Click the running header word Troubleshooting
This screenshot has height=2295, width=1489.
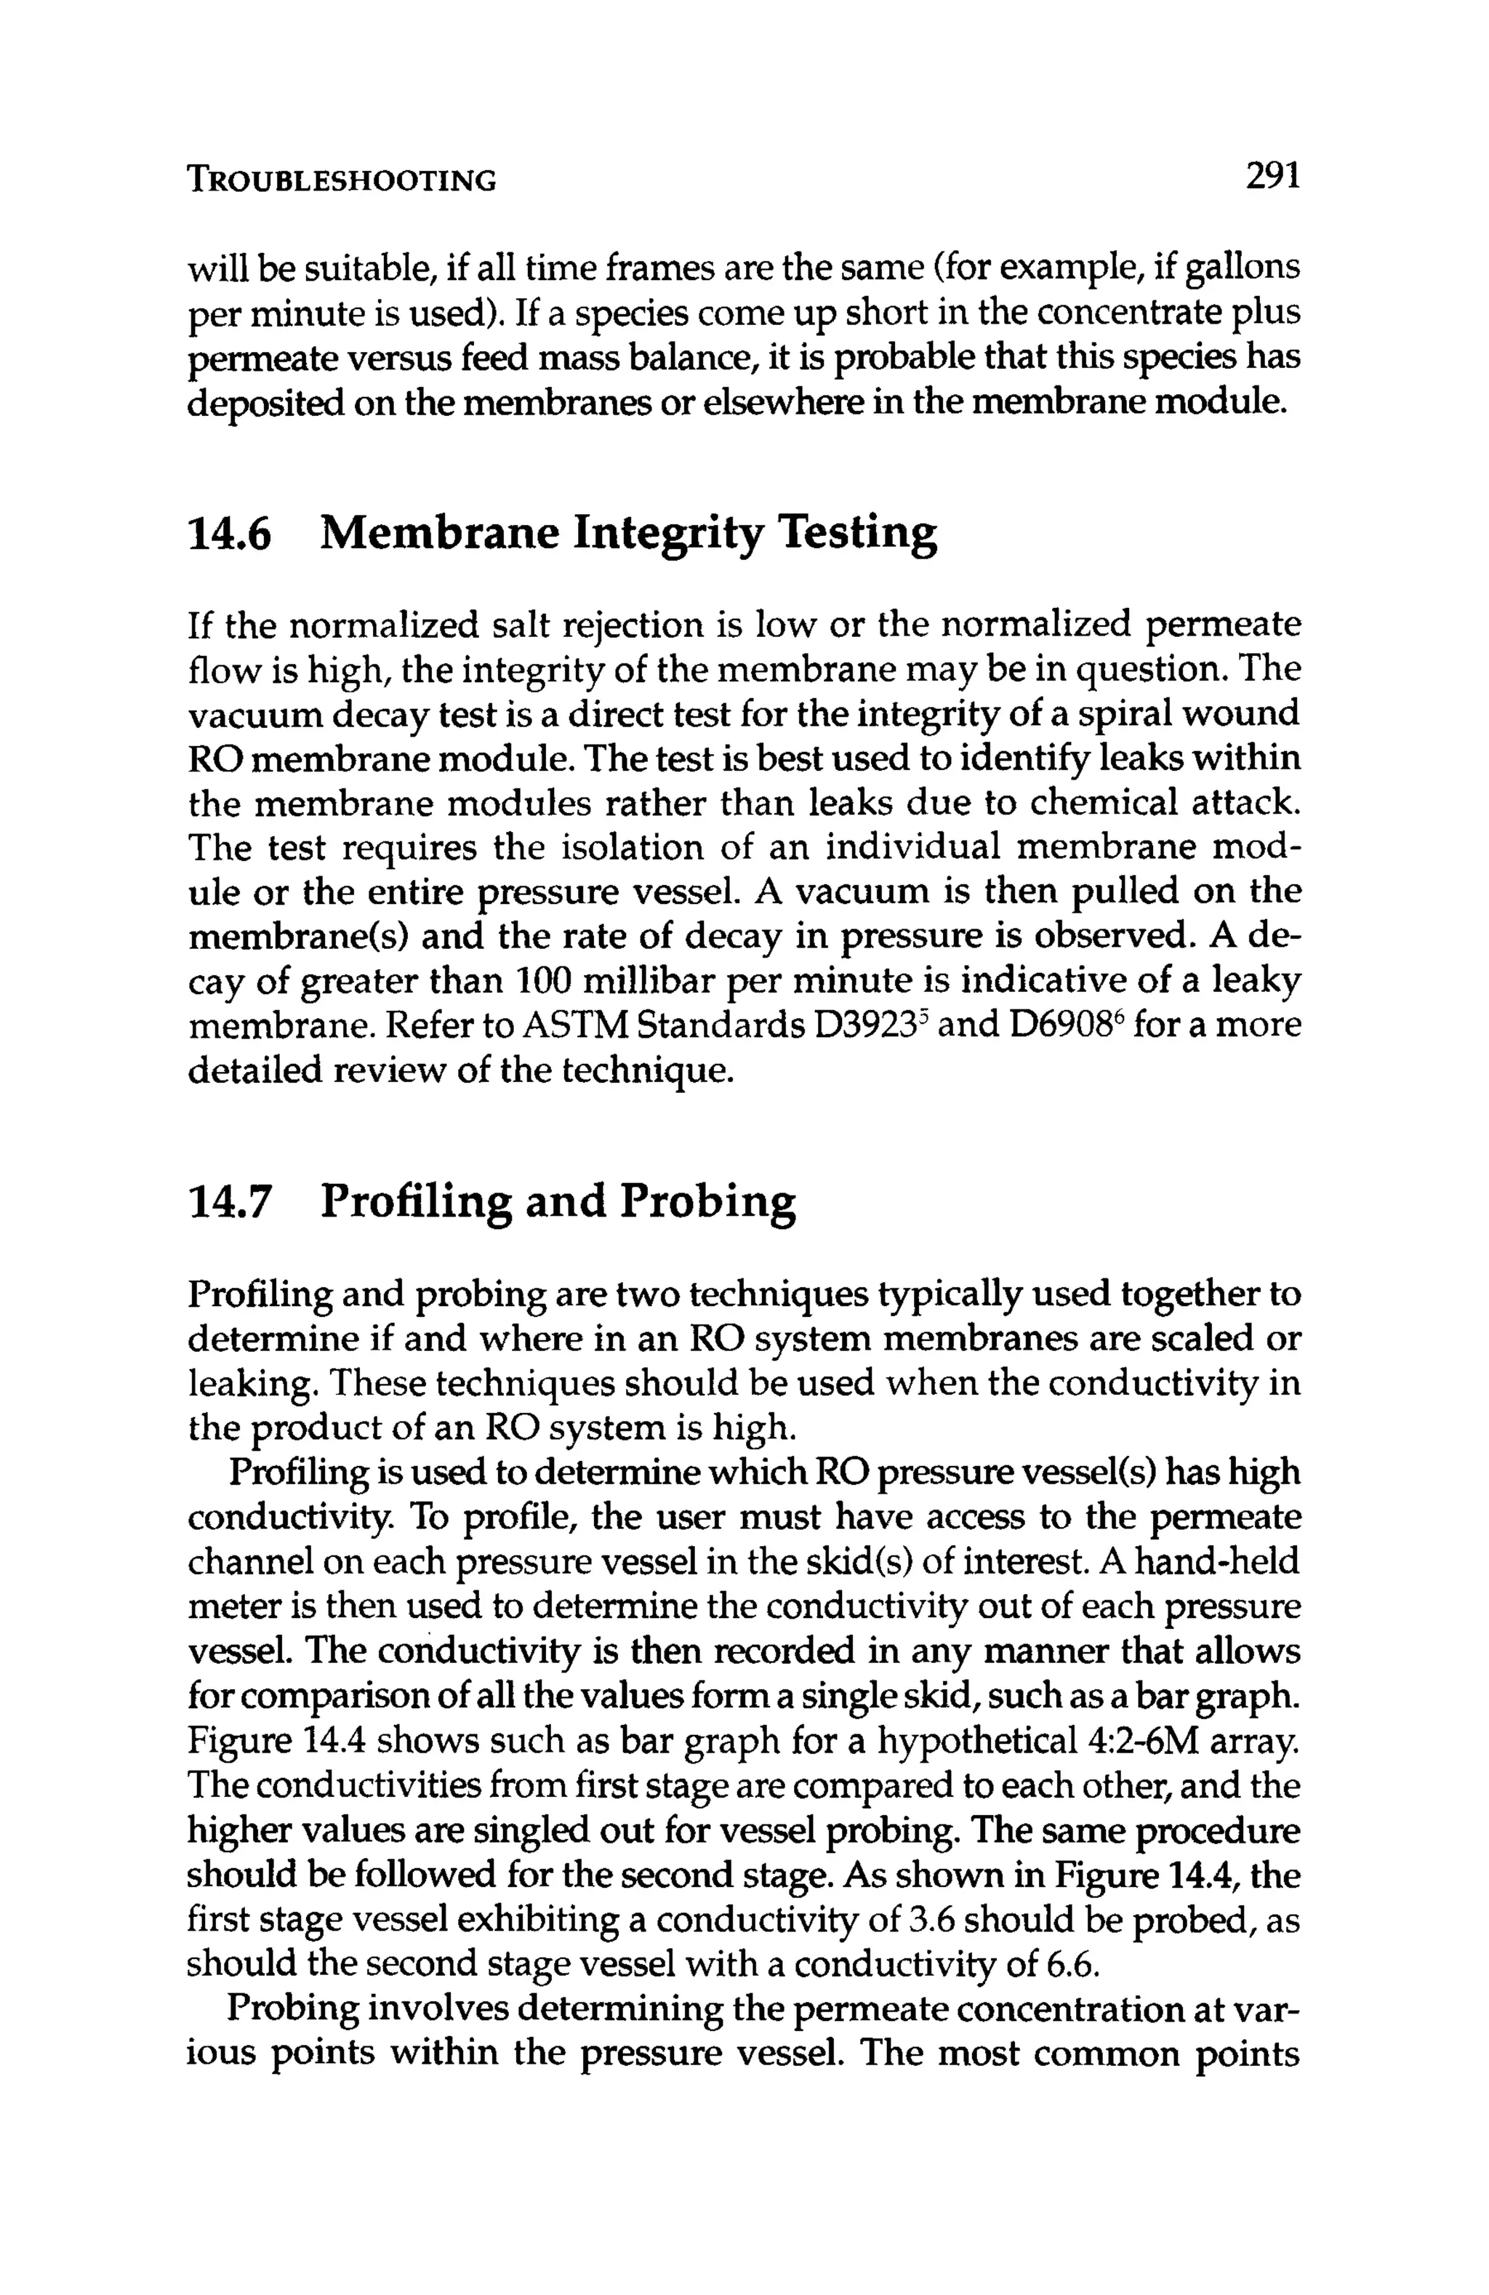342,180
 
